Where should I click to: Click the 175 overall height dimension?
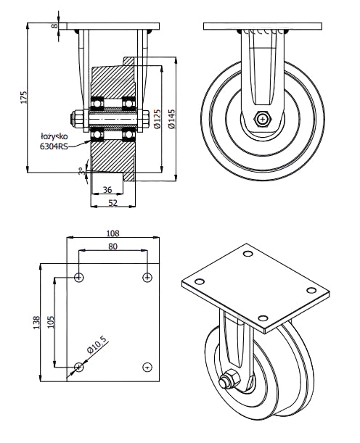[24, 97]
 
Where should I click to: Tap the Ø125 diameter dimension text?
[157, 119]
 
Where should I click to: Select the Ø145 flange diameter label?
[171, 119]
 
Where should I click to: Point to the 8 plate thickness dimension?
[54, 26]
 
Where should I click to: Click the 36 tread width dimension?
[107, 190]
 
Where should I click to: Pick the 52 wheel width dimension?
[112, 203]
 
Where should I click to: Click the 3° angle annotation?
[82, 171]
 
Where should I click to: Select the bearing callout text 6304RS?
[54, 146]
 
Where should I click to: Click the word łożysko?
[54, 136]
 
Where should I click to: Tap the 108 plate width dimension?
[112, 233]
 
